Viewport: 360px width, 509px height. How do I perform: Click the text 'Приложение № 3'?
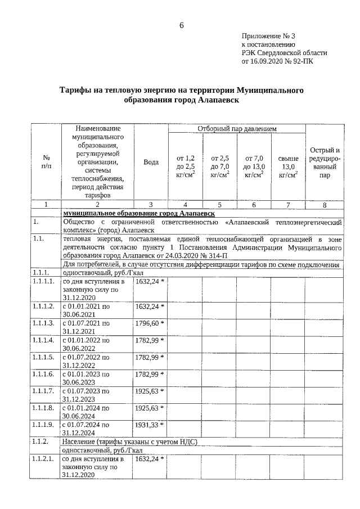pyautogui.click(x=268, y=35)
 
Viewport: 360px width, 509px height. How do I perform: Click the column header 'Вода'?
pyautogui.click(x=151, y=162)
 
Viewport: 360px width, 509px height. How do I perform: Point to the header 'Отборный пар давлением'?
pyautogui.click(x=237, y=129)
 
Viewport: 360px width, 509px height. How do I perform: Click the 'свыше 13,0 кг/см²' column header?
pyautogui.click(x=288, y=167)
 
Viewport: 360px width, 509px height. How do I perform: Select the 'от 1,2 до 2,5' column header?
pyautogui.click(x=185, y=167)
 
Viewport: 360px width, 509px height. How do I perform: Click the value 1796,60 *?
pyautogui.click(x=150, y=323)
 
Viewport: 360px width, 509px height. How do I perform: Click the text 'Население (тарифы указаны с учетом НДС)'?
pyautogui.click(x=130, y=442)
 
